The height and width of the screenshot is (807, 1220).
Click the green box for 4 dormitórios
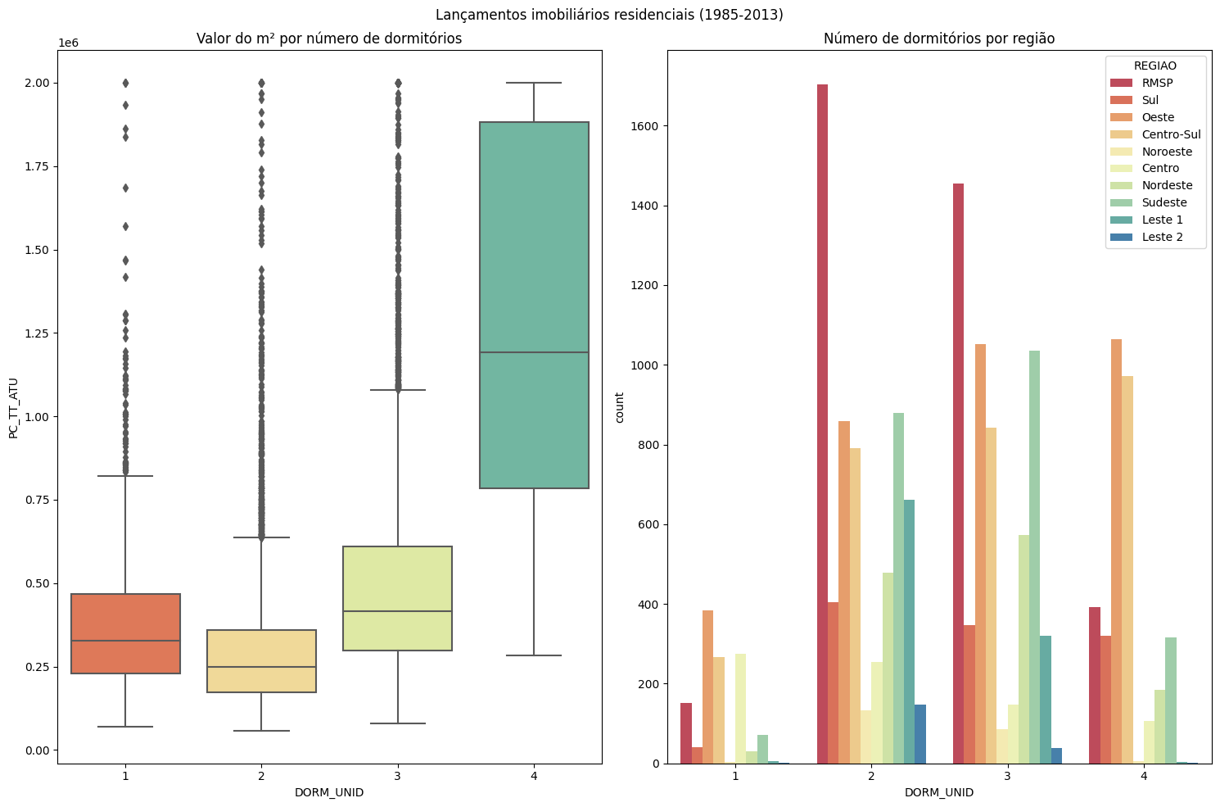coord(534,305)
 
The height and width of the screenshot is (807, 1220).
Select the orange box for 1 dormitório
coord(125,634)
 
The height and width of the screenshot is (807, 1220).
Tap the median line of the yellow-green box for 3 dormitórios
coord(398,611)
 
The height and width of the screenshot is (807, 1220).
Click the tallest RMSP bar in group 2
coord(822,424)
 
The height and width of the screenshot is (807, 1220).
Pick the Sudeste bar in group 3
coord(1034,557)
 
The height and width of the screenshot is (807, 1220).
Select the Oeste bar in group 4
coord(1116,551)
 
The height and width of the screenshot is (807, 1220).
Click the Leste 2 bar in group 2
coord(920,734)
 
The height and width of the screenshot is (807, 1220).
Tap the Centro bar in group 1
coord(740,709)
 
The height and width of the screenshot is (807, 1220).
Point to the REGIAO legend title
coord(1154,66)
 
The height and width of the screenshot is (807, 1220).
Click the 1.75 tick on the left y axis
coord(37,166)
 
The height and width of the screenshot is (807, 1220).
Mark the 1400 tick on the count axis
coord(644,206)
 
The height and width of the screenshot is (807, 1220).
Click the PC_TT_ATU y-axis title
coord(13,408)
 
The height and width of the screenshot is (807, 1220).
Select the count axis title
coord(619,407)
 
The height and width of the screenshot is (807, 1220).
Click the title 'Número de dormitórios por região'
coord(939,39)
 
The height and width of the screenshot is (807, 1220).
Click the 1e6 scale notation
coord(68,43)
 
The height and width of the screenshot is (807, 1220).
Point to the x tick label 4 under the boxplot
coord(534,776)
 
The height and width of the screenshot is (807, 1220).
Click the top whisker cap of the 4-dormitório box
coord(534,83)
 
